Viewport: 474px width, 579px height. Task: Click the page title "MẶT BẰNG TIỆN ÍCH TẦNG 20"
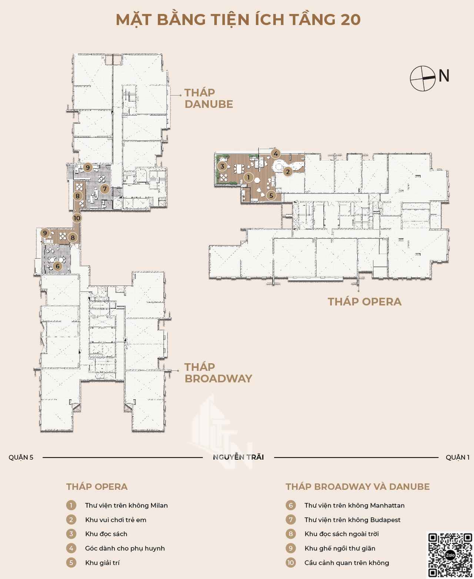238,20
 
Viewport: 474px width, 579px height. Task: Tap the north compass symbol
423,78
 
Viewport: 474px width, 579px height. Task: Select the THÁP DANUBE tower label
209,98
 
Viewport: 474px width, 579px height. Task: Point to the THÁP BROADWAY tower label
218,373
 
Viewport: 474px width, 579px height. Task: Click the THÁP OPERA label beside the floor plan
364,302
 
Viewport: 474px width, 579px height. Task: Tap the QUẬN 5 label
21,457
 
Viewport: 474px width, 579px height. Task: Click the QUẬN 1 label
458,457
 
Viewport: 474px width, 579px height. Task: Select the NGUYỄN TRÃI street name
238,457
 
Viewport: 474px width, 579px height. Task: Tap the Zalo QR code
450,555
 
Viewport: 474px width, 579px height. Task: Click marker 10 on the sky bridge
77,218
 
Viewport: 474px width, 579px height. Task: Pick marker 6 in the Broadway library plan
57,266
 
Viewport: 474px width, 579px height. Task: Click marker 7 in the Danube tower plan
104,189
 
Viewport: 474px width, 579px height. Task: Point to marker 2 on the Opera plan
288,172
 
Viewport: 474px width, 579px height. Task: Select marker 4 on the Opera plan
276,154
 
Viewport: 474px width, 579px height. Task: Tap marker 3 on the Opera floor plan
223,166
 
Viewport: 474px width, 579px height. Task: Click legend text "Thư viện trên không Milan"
126,506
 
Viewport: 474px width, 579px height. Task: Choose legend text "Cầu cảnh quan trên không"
347,563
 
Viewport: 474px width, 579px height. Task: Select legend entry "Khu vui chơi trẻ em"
116,520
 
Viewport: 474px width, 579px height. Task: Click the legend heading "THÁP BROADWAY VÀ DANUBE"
358,487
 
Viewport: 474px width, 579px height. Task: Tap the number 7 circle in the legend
290,520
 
